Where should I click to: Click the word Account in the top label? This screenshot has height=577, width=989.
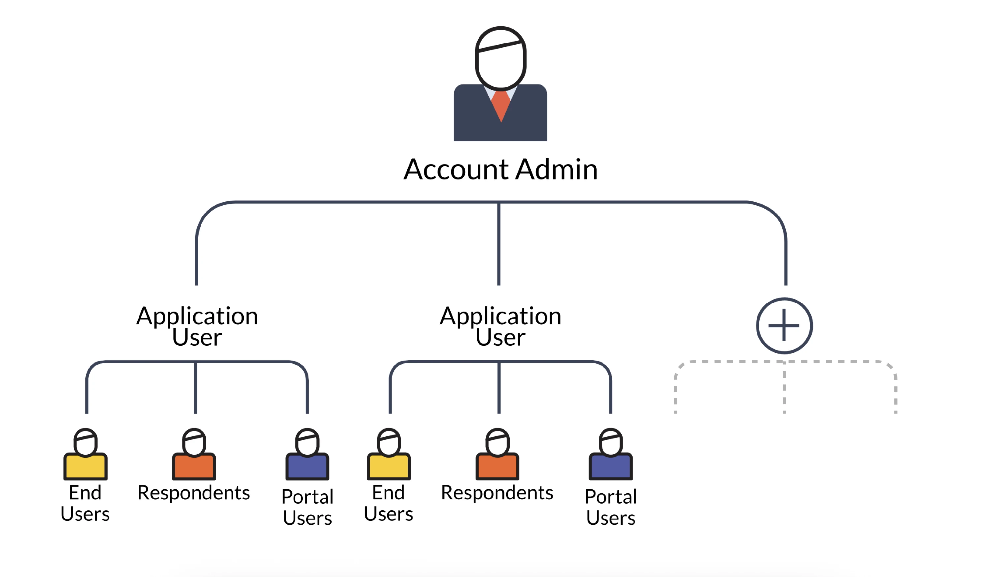click(456, 170)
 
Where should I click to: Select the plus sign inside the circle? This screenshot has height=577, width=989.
click(784, 325)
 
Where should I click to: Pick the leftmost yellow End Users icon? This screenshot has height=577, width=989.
click(85, 455)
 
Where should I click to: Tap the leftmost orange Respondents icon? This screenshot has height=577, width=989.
click(194, 455)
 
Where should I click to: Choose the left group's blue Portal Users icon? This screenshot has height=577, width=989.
click(307, 455)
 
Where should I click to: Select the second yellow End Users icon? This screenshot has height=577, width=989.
click(388, 455)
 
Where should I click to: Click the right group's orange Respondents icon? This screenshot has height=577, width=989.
click(497, 455)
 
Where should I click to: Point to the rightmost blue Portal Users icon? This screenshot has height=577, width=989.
click(610, 455)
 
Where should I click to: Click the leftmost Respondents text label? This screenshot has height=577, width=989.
click(194, 493)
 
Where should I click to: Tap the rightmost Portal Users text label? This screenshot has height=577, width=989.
click(611, 507)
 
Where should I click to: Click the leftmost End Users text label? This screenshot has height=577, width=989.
click(85, 503)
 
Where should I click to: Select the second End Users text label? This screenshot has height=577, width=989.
click(388, 503)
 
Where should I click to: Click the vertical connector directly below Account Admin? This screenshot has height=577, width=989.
click(498, 243)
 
